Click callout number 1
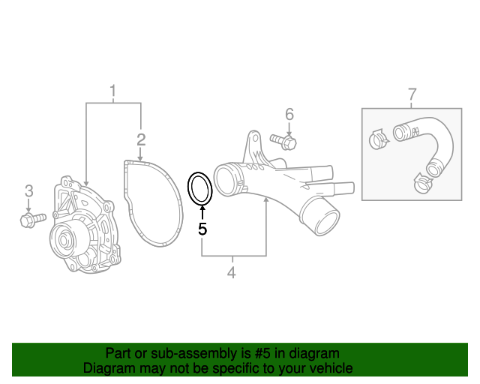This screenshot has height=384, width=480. (113, 92)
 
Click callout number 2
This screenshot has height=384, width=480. (141, 139)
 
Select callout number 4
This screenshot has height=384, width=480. (231, 273)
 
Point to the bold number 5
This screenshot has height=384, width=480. (202, 229)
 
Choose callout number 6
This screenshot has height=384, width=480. (289, 115)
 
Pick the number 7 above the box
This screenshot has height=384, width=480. (412, 94)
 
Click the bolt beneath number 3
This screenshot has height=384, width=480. (32, 219)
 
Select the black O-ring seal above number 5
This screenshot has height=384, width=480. (200, 188)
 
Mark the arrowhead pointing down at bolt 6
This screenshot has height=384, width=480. (289, 132)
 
